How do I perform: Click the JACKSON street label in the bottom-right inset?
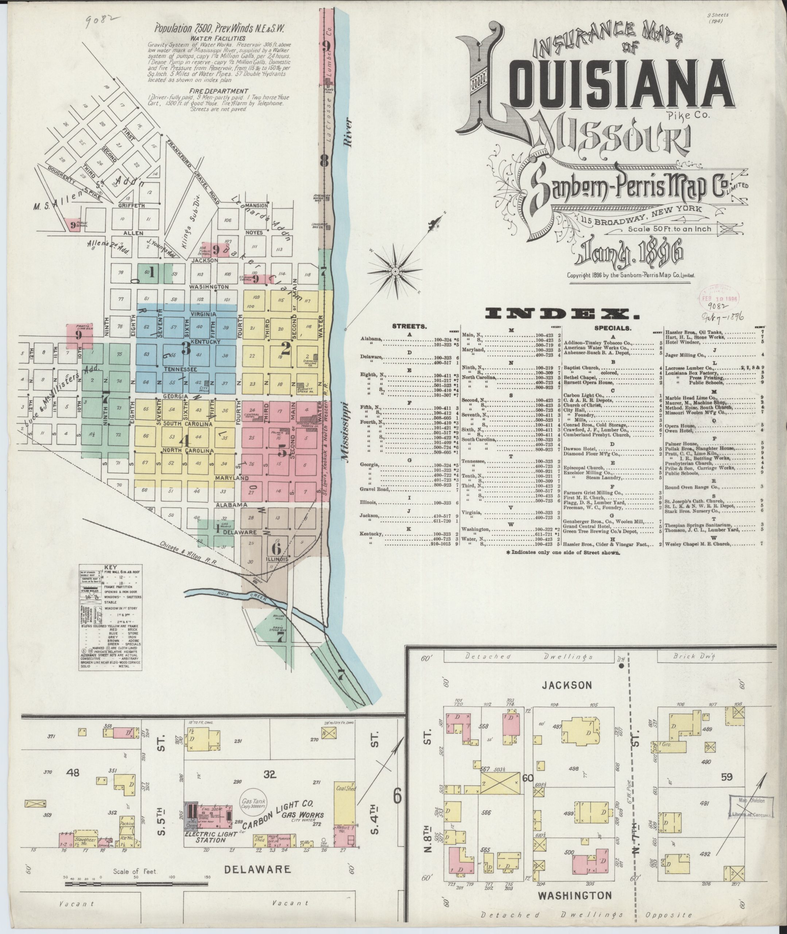pos(567,684)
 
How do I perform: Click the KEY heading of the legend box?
pos(110,568)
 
